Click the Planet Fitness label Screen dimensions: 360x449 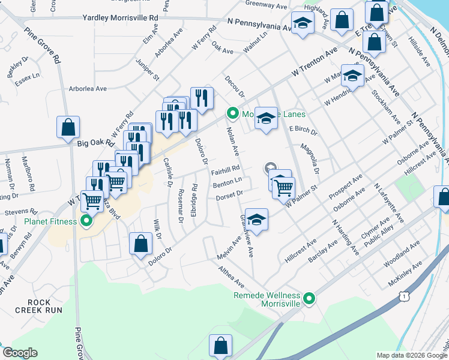tap(50, 221)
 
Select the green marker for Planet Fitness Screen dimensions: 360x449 tap(86, 221)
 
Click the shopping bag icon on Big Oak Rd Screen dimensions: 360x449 tap(68, 127)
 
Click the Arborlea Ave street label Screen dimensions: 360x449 tap(88, 89)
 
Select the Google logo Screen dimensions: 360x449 tap(20, 353)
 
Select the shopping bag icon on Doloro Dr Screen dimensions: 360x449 tap(140, 244)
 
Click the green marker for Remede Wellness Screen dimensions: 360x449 tap(309, 298)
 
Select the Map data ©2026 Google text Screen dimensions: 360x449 tap(411, 355)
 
